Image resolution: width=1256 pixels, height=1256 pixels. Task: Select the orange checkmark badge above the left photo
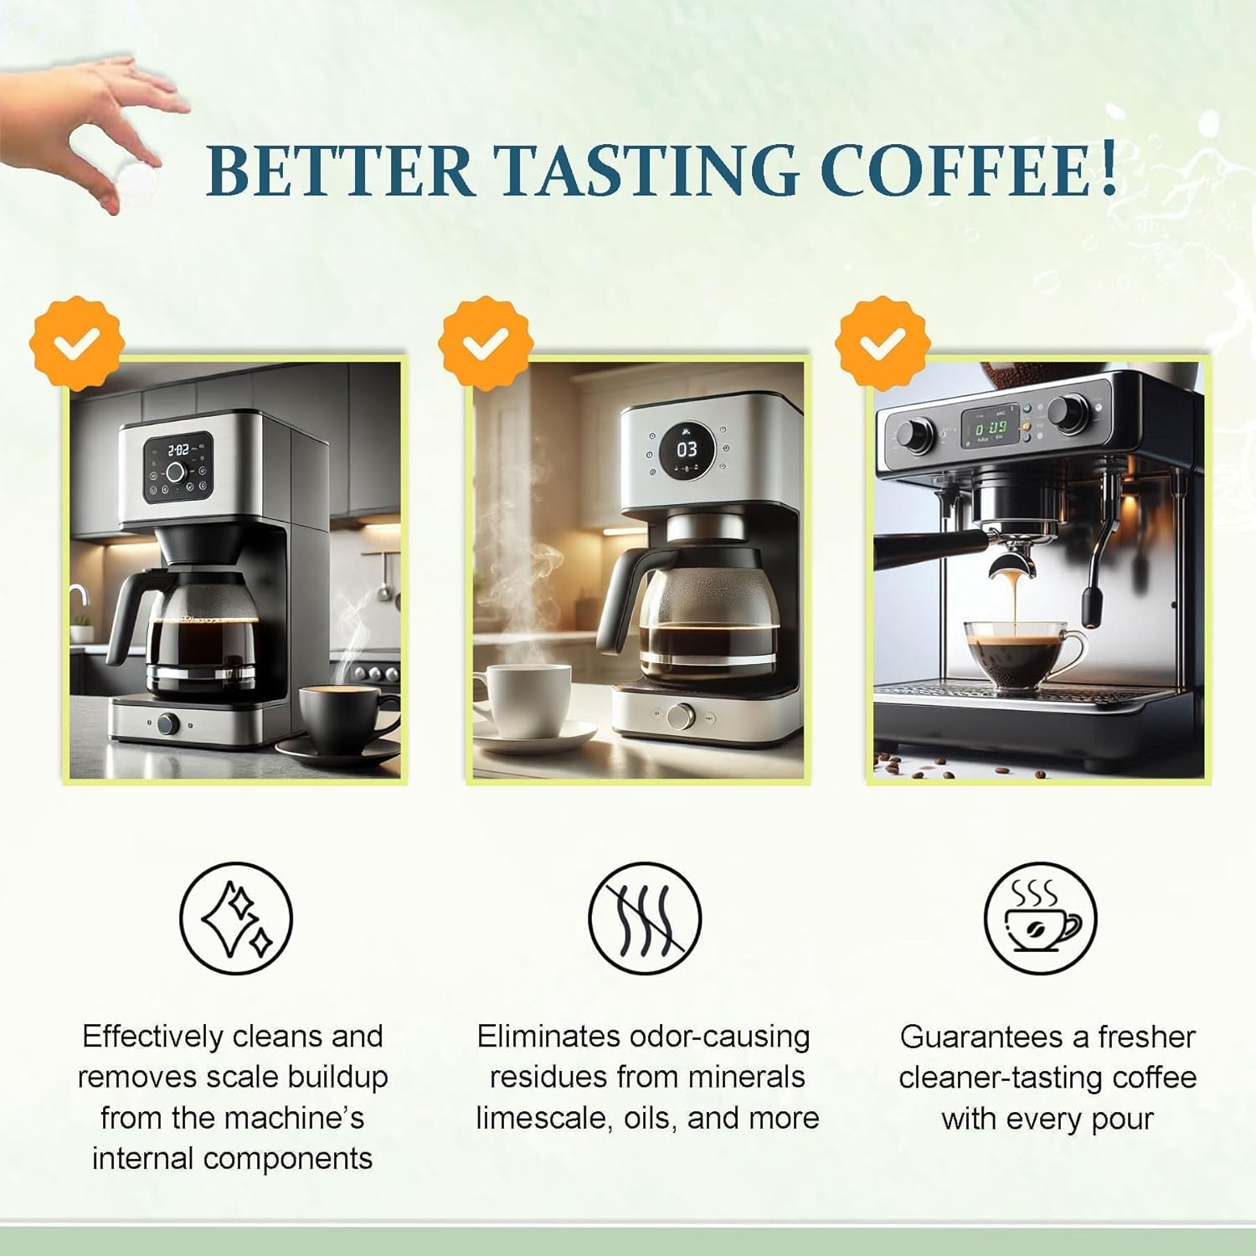(77, 342)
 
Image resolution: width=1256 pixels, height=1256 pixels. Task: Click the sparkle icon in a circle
(236, 918)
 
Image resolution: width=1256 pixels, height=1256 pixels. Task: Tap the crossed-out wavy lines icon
(645, 918)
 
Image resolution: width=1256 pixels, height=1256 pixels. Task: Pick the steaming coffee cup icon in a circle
(1039, 918)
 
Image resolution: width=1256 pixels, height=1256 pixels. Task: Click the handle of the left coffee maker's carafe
(126, 607)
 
